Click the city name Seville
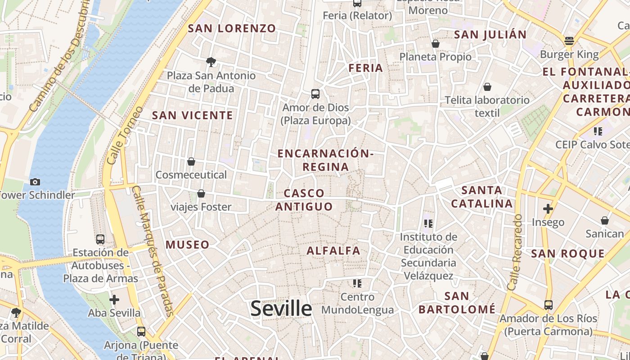click(281, 309)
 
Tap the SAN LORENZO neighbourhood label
click(232, 28)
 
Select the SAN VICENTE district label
click(193, 115)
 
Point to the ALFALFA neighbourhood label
click(333, 251)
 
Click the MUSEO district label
click(188, 245)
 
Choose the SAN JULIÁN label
click(490, 35)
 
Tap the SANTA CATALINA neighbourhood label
click(482, 197)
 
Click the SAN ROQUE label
click(568, 254)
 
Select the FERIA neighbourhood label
click(366, 68)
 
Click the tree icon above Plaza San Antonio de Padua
click(211, 62)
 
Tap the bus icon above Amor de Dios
click(315, 94)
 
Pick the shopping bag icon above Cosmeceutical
click(191, 162)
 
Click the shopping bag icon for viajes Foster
click(201, 193)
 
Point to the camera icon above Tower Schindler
click(35, 182)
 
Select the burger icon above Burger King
click(569, 41)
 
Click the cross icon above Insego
click(548, 209)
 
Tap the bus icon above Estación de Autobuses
click(100, 239)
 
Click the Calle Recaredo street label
click(516, 252)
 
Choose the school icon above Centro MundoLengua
click(357, 283)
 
